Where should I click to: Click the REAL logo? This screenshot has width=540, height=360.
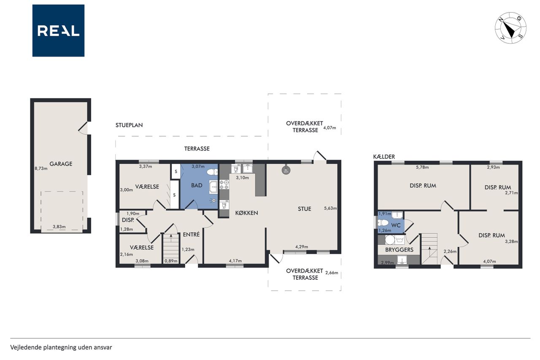point(58,31)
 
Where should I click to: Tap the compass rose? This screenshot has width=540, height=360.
point(510,28)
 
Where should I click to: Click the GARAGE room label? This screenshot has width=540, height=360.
point(61,164)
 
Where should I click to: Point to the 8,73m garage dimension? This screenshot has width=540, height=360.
point(41,168)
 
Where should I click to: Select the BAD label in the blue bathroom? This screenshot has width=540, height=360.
point(197,185)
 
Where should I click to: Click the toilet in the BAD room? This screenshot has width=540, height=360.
point(212,172)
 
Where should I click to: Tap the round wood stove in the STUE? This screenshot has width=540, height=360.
point(286,170)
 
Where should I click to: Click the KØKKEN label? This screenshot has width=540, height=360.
point(247,213)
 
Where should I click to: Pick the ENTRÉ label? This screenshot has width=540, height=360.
point(191,234)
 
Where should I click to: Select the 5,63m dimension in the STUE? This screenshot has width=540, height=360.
point(330,208)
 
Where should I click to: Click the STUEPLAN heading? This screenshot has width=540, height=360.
point(129,125)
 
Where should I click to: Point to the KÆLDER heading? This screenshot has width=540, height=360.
point(384,157)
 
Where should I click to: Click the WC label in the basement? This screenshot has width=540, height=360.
point(396,225)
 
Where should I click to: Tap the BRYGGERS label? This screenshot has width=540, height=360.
point(399,250)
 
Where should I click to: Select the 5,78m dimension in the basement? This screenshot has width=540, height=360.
point(422,167)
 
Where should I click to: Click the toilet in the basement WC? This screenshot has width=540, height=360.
point(383,222)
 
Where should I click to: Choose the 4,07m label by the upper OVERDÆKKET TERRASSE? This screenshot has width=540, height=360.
point(329,128)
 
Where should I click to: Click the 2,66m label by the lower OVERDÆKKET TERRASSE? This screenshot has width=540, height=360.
point(332,273)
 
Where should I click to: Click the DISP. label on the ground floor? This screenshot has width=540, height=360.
point(128,220)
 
